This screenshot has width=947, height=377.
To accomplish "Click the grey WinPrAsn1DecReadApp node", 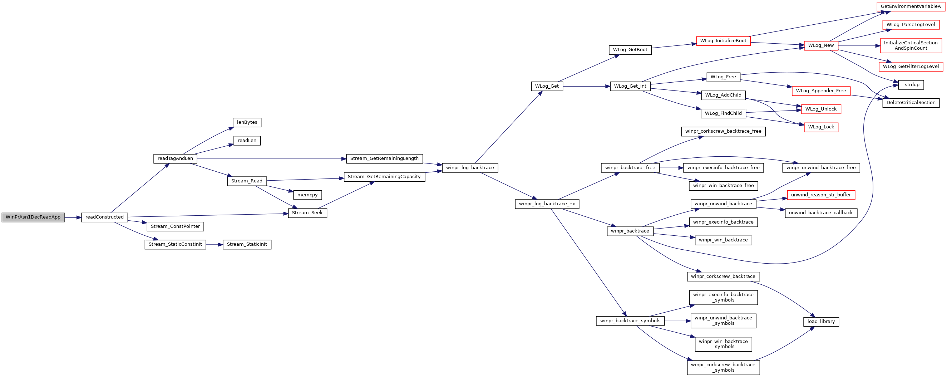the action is (33, 217).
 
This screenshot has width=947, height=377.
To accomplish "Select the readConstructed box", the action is (104, 217).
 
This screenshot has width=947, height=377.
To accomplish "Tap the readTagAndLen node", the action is (176, 158).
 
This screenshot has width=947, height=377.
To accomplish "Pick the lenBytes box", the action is (247, 122).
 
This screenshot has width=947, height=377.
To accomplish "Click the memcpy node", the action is (307, 195).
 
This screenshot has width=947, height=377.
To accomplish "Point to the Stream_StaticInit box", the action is (247, 245).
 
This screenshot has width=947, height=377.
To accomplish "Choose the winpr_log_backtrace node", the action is (470, 168).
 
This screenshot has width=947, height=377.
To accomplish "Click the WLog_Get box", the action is (547, 87).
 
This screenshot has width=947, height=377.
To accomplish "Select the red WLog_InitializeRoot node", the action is (724, 41).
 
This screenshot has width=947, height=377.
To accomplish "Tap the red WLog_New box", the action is (821, 46).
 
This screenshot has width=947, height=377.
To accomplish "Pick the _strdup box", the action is (911, 85).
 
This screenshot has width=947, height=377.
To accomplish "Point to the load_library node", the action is (821, 322).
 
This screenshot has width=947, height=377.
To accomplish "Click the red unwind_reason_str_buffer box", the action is (821, 195).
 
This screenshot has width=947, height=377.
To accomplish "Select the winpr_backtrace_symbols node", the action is (631, 321).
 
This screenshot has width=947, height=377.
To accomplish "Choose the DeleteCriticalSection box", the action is (911, 103).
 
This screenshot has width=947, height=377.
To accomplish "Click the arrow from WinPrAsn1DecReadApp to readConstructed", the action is (73, 218).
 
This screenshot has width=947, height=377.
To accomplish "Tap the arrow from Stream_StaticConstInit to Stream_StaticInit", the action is (214, 245).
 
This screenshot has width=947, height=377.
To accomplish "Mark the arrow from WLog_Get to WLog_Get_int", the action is (586, 87).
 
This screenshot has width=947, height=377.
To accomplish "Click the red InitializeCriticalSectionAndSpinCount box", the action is (911, 46).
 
